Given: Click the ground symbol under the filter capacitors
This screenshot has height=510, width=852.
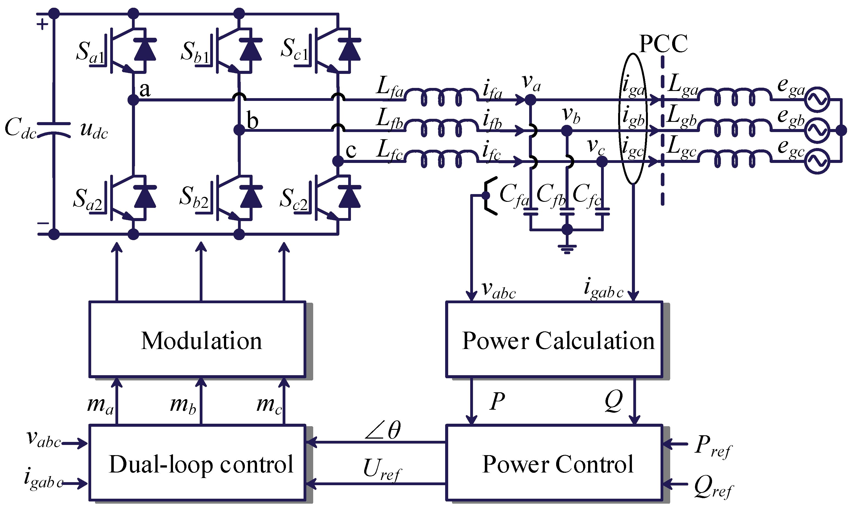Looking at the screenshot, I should [567, 248].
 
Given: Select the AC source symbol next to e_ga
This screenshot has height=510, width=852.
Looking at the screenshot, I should [817, 100].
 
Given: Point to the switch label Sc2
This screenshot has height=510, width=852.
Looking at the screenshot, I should [294, 199].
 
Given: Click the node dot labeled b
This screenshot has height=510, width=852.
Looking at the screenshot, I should [239, 130].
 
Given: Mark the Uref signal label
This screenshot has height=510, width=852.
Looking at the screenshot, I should [382, 469].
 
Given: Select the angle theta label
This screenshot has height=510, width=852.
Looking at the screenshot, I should [383, 430].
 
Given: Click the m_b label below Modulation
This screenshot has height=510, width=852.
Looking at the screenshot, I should [183, 405].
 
